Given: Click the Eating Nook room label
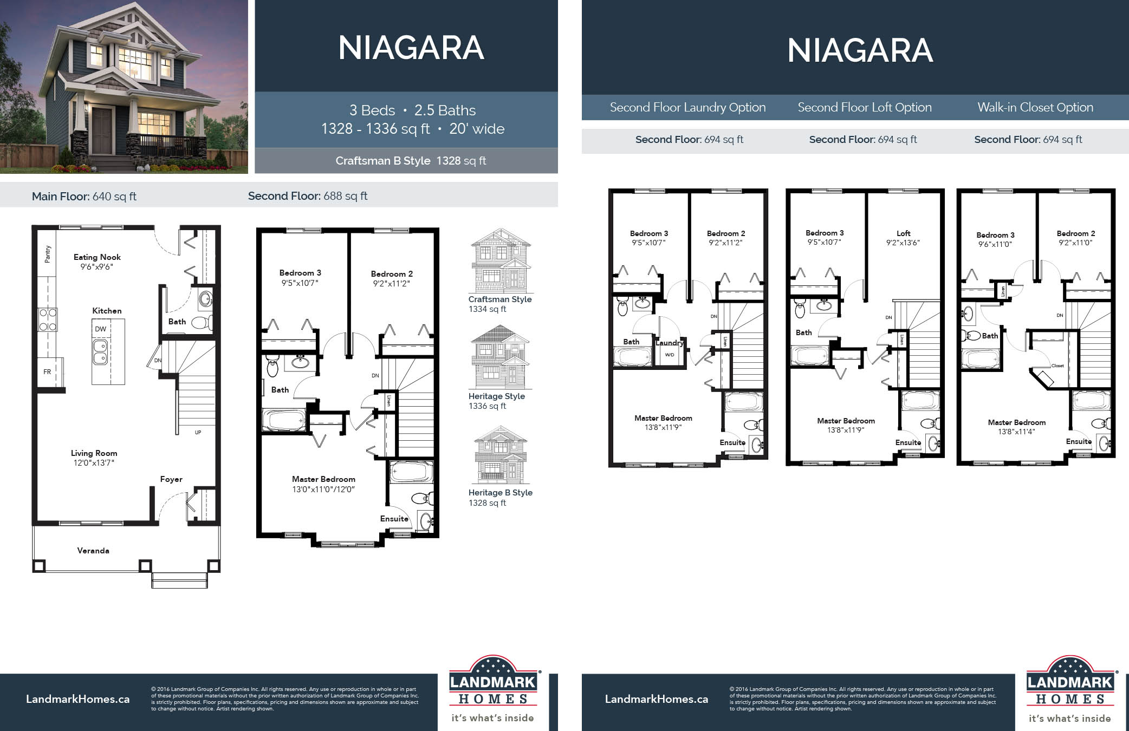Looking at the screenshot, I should [97, 257].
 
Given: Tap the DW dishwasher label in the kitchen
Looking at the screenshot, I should [101, 329].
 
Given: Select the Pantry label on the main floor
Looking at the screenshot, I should [48, 254].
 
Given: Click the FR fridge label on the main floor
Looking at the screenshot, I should [47, 371].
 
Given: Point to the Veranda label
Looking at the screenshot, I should [93, 551].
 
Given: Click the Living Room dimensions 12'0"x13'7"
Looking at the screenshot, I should [94, 463].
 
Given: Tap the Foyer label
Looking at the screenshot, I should [171, 479].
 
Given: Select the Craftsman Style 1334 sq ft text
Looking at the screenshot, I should [499, 304].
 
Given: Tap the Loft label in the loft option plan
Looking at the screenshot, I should [903, 233].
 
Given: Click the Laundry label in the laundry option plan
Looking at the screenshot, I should [670, 343].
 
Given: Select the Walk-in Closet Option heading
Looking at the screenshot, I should [1035, 107].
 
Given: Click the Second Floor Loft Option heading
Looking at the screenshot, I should [864, 107].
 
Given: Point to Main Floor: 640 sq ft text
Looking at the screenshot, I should [84, 196].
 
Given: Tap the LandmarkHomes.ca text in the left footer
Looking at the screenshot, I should [77, 699].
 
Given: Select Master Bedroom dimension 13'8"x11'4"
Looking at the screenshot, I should [1016, 432].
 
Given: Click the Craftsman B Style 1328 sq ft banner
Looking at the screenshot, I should [410, 161].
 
